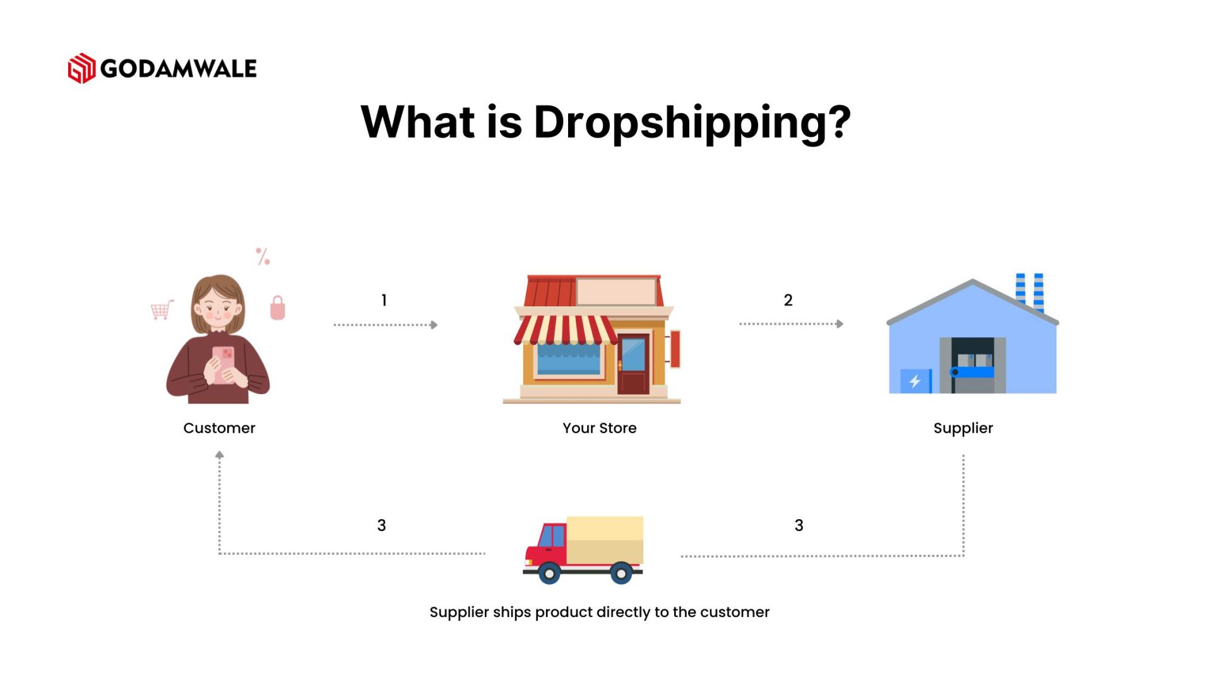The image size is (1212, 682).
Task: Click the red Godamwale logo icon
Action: coord(81,68)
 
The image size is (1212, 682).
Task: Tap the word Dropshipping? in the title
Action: coord(692,123)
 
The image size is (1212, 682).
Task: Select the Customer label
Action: coord(219,428)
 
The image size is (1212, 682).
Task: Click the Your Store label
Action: coord(599,428)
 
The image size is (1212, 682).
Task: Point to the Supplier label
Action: coord(963,428)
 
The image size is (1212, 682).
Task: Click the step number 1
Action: coord(384,301)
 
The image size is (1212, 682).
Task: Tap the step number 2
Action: coord(788,301)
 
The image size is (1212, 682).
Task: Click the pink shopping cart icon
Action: coord(162,309)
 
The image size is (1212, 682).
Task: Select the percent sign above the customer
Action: coord(263,256)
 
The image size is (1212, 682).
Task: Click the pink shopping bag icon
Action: coord(278,309)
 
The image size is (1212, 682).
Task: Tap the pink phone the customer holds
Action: coord(223,364)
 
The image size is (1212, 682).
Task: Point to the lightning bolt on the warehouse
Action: coord(914,381)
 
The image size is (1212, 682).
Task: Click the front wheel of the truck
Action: coord(549,573)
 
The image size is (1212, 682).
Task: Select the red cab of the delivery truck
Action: coord(547,544)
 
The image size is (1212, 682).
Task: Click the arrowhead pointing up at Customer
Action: coord(219,455)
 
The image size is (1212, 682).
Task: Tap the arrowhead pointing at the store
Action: coord(434,325)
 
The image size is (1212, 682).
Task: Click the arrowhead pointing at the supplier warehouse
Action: coord(840,324)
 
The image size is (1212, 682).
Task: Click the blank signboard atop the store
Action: coord(616,292)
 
